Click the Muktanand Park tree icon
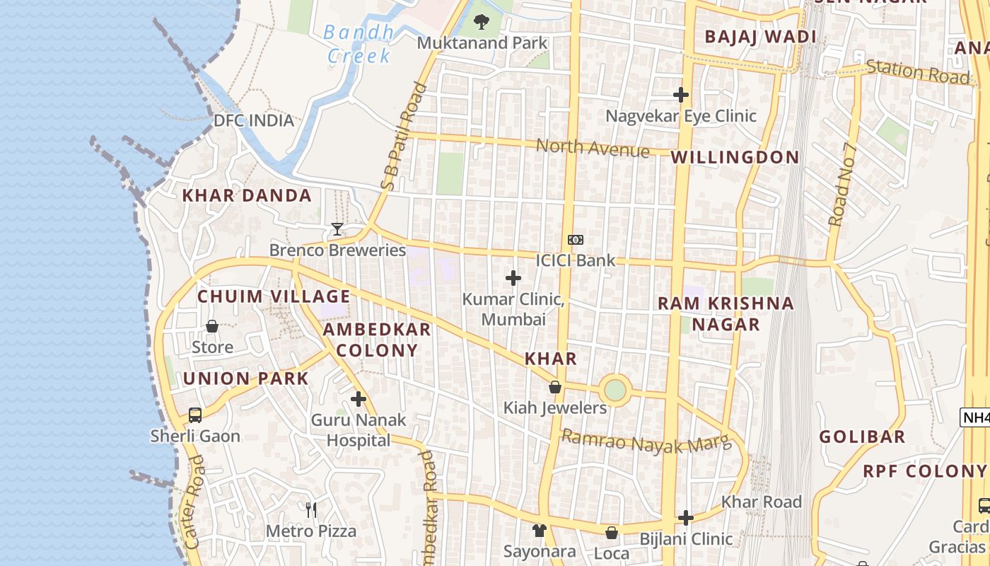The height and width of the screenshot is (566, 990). click(x=482, y=22)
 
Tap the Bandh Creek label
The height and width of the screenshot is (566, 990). click(x=359, y=44)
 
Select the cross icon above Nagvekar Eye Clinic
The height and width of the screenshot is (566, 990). click(x=681, y=95)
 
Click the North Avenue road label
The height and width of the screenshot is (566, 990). click(x=592, y=148)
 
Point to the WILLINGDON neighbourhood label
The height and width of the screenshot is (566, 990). click(x=735, y=157)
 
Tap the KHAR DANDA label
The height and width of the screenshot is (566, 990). click(x=247, y=196)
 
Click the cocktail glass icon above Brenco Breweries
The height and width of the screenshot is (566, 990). click(x=337, y=229)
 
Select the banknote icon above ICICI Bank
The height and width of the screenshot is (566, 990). click(x=576, y=240)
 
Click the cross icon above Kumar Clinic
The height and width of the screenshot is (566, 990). click(x=513, y=278)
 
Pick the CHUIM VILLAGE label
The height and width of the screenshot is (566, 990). click(x=274, y=296)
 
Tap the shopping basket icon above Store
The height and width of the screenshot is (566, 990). click(x=212, y=326)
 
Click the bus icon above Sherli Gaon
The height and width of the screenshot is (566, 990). click(x=195, y=415)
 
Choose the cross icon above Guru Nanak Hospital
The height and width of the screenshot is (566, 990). click(x=359, y=399)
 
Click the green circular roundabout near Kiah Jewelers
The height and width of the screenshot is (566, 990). click(x=615, y=390)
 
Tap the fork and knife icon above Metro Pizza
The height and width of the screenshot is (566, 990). click(x=310, y=509)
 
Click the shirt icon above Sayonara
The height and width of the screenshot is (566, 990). click(x=540, y=530)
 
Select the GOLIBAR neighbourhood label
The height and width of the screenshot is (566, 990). click(x=862, y=437)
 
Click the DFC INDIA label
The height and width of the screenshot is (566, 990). click(x=254, y=120)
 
